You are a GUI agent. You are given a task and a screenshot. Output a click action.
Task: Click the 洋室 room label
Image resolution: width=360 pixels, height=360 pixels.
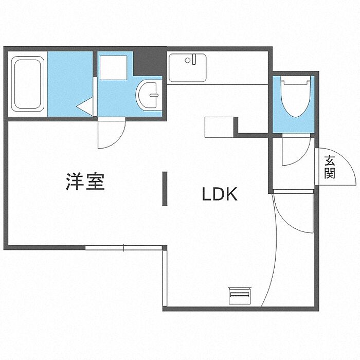point(85,182)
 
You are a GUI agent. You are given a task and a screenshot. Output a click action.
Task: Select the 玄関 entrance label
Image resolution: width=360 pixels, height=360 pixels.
point(330,167)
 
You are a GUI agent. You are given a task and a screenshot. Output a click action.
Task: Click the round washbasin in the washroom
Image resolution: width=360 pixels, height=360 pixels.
point(149,94)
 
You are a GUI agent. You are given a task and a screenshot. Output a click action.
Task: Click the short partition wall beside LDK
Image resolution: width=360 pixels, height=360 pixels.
point(165,189)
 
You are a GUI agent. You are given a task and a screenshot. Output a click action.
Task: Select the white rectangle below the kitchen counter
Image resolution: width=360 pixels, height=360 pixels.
point(219,127)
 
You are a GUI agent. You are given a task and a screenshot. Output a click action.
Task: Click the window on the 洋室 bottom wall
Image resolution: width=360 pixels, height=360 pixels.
point(123,248)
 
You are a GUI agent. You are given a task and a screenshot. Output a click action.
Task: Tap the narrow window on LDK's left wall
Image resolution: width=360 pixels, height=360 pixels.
point(165,278)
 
